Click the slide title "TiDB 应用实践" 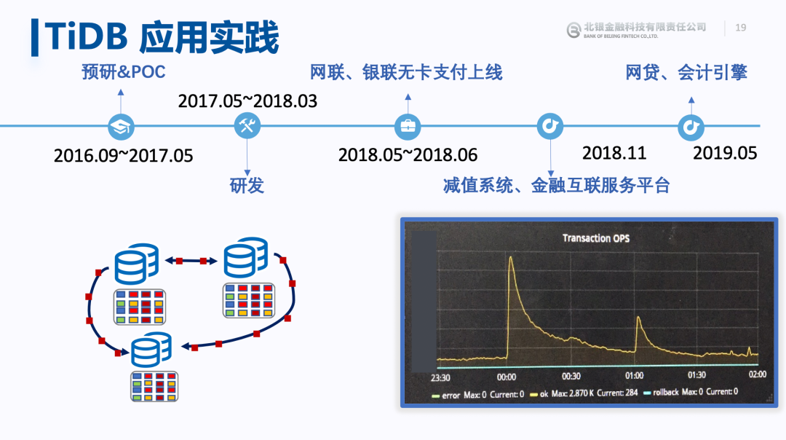(x=162, y=36)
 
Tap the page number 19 (x=740, y=28)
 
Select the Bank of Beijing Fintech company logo (x=636, y=30)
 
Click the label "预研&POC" (x=123, y=71)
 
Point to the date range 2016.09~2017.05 (x=123, y=156)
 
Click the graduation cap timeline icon (x=121, y=127)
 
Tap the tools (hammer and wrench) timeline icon (x=247, y=125)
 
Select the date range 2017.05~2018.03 (x=247, y=101)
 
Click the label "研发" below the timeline (x=247, y=185)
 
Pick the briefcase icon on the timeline (x=408, y=127)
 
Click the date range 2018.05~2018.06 (x=408, y=155)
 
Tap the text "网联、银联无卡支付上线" (x=406, y=72)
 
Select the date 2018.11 (x=614, y=153)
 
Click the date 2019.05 (x=725, y=153)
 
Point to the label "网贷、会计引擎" (x=686, y=73)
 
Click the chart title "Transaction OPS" (x=595, y=238)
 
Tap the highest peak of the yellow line (x=511, y=257)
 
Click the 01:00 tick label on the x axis (x=634, y=376)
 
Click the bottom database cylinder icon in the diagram (x=151, y=350)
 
